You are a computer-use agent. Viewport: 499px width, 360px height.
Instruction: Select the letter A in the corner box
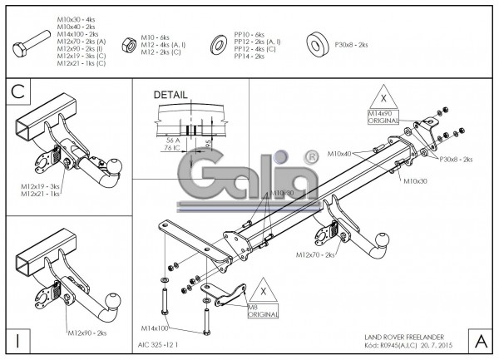482,341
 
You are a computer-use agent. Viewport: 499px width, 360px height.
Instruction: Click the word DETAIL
171,95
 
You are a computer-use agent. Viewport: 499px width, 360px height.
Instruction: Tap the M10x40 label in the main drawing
339,154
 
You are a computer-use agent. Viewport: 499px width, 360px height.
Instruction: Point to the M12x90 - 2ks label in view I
86,333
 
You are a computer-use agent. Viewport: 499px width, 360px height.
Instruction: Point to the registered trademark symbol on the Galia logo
311,156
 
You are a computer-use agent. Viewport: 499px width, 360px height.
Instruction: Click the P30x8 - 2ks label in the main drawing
456,159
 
